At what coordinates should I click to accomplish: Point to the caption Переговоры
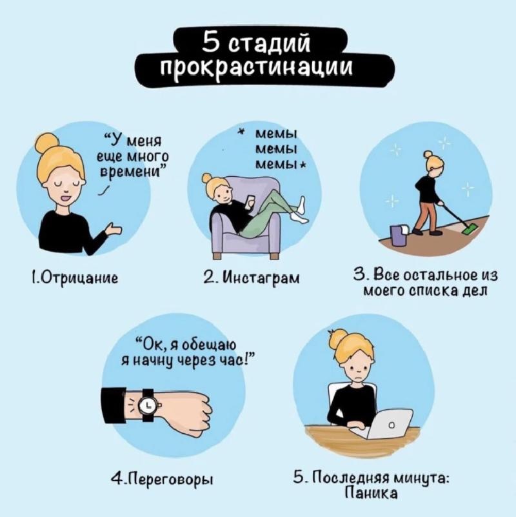(x=162, y=479)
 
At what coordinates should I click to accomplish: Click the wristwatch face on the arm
(x=148, y=405)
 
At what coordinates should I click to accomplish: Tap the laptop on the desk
(x=391, y=423)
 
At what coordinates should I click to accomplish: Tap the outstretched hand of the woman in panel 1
(x=114, y=229)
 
